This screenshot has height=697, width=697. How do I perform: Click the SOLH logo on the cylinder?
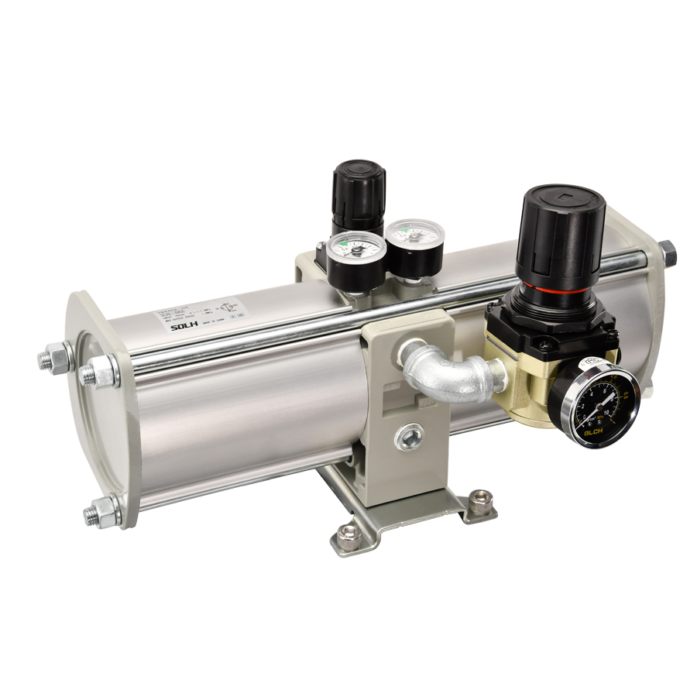click(184, 326)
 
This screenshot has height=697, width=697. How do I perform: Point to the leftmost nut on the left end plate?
click(53, 359)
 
